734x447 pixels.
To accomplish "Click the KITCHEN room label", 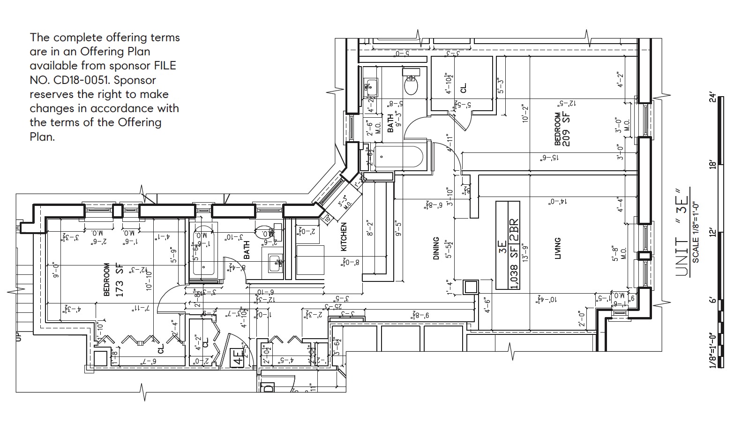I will point(344,236).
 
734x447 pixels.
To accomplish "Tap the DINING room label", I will point(436,248).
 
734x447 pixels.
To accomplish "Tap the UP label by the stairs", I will point(19,336).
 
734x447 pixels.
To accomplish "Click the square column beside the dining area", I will point(470,287).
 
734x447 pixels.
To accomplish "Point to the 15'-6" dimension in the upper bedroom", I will point(550,159).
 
